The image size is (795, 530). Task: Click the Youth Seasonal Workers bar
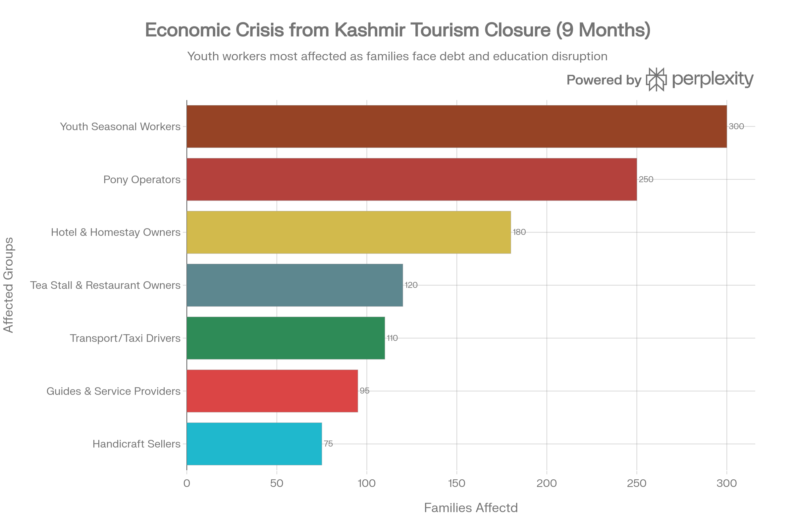tap(456, 127)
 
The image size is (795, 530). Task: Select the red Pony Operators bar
tap(412, 179)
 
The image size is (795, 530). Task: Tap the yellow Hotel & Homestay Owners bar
tap(349, 232)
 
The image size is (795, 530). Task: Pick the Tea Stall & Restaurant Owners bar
tap(295, 285)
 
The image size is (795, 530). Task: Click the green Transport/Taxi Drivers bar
tap(286, 338)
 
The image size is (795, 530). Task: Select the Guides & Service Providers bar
tap(272, 391)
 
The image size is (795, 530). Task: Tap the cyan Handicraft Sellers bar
tap(254, 444)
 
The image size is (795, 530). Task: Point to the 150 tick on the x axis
tap(457, 483)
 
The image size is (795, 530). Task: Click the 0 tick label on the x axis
tap(186, 483)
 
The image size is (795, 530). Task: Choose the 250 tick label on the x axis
tap(637, 483)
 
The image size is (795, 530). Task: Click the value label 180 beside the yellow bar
tap(519, 232)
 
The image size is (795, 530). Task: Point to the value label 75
tap(328, 444)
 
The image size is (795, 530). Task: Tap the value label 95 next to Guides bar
tap(364, 391)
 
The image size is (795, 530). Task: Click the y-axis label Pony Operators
tap(142, 180)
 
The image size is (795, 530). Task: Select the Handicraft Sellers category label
tap(136, 444)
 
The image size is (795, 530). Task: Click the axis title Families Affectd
tap(470, 508)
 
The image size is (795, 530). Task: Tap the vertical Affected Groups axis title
tap(9, 285)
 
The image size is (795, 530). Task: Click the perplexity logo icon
tap(656, 79)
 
